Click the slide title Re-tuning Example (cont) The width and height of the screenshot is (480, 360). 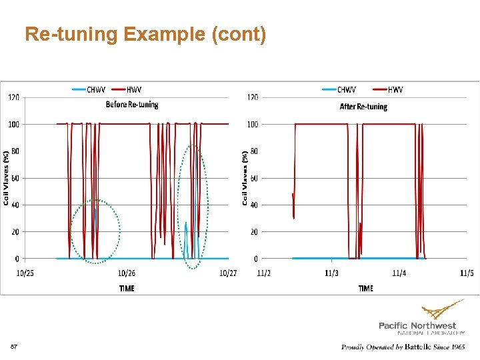click(145, 34)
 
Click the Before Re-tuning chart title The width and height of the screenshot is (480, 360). click(132, 105)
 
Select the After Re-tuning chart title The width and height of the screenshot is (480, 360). click(363, 107)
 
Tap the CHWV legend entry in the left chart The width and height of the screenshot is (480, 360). click(87, 90)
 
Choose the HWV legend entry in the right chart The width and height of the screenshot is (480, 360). click(389, 90)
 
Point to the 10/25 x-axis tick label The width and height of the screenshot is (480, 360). click(25, 273)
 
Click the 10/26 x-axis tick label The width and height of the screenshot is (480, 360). click(127, 273)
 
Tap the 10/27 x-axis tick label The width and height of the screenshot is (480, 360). click(228, 273)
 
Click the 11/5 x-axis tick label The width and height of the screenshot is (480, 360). click(466, 273)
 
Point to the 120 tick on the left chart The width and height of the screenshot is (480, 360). click(13, 98)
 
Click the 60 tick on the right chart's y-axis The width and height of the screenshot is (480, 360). click(253, 178)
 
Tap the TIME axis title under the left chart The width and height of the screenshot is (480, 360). click(127, 289)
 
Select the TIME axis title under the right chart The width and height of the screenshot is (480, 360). click(365, 289)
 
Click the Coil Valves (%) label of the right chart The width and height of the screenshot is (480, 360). click(245, 177)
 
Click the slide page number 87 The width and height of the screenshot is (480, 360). click(14, 347)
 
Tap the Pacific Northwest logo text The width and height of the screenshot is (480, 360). click(417, 325)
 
